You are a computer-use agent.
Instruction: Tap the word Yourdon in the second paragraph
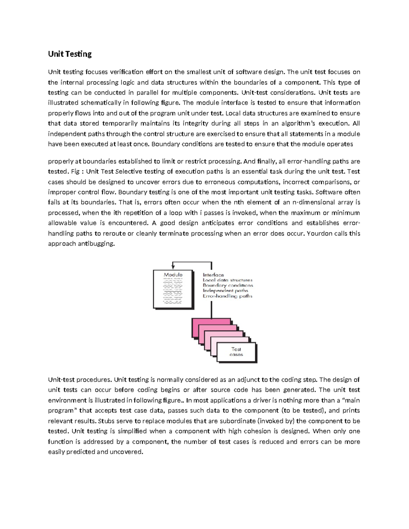coord(319,234)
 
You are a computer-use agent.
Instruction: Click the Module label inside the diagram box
coord(173,275)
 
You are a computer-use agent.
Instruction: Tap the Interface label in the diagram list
coord(213,275)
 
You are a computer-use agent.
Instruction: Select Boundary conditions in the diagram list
coord(228,285)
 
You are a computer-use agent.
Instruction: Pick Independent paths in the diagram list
coord(225,291)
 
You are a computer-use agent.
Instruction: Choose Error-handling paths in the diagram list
coord(227,296)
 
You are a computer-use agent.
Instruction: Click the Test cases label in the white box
coord(236,352)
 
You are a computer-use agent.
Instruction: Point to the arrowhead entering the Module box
coord(173,268)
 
